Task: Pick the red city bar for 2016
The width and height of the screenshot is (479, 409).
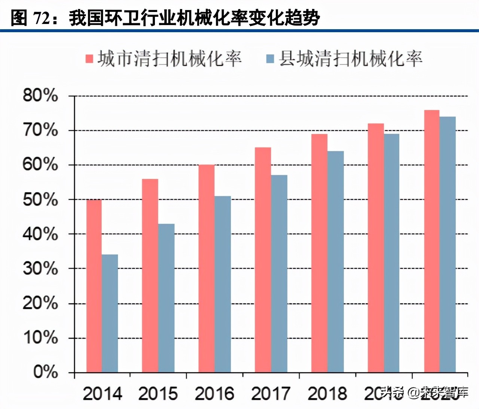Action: tap(207, 268)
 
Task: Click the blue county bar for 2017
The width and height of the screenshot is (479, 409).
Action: tap(279, 273)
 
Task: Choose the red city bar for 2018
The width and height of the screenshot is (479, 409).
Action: tap(319, 253)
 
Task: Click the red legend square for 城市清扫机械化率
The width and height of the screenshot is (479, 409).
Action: tap(89, 59)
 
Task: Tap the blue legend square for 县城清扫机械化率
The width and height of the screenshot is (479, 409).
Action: tap(270, 59)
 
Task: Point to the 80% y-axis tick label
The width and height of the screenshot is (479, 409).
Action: tap(40, 96)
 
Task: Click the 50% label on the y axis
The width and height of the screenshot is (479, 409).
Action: tap(40, 199)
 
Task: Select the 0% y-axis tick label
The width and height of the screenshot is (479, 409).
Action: tap(45, 372)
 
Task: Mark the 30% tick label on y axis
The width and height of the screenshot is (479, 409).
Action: tap(40, 269)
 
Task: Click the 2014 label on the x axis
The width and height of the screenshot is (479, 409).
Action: tap(102, 394)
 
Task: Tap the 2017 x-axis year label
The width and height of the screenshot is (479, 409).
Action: tap(271, 394)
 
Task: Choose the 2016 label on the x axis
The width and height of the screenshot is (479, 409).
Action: tap(214, 394)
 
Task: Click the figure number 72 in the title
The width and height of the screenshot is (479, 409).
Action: tap(41, 18)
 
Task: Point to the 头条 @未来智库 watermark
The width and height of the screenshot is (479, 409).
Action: tap(424, 393)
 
